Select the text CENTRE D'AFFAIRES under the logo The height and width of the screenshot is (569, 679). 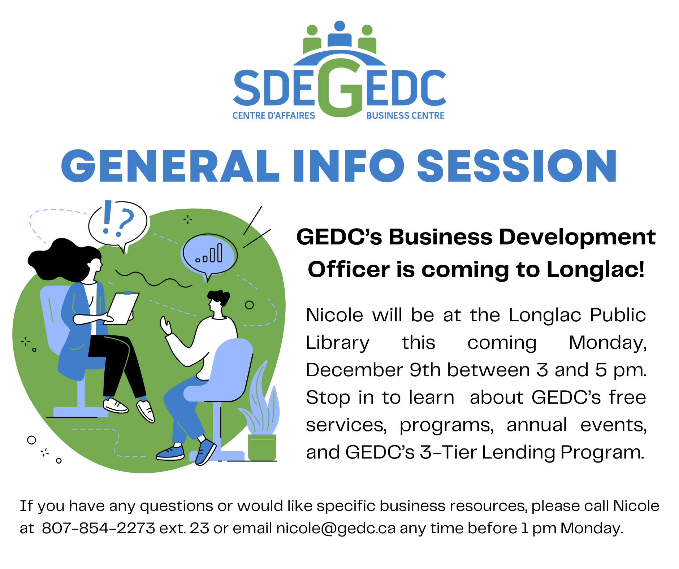[x=274, y=116]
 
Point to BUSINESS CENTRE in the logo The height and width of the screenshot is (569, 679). [x=405, y=116]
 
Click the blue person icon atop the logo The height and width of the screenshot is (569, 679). [x=339, y=34]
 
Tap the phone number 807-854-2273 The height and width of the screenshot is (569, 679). [x=98, y=528]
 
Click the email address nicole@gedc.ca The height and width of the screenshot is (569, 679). [x=336, y=529]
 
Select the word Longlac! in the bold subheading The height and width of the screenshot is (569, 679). [x=596, y=269]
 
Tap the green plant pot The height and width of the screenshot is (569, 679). [x=262, y=448]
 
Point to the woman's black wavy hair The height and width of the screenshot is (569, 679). [x=63, y=259]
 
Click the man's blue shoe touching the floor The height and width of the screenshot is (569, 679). [x=170, y=453]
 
